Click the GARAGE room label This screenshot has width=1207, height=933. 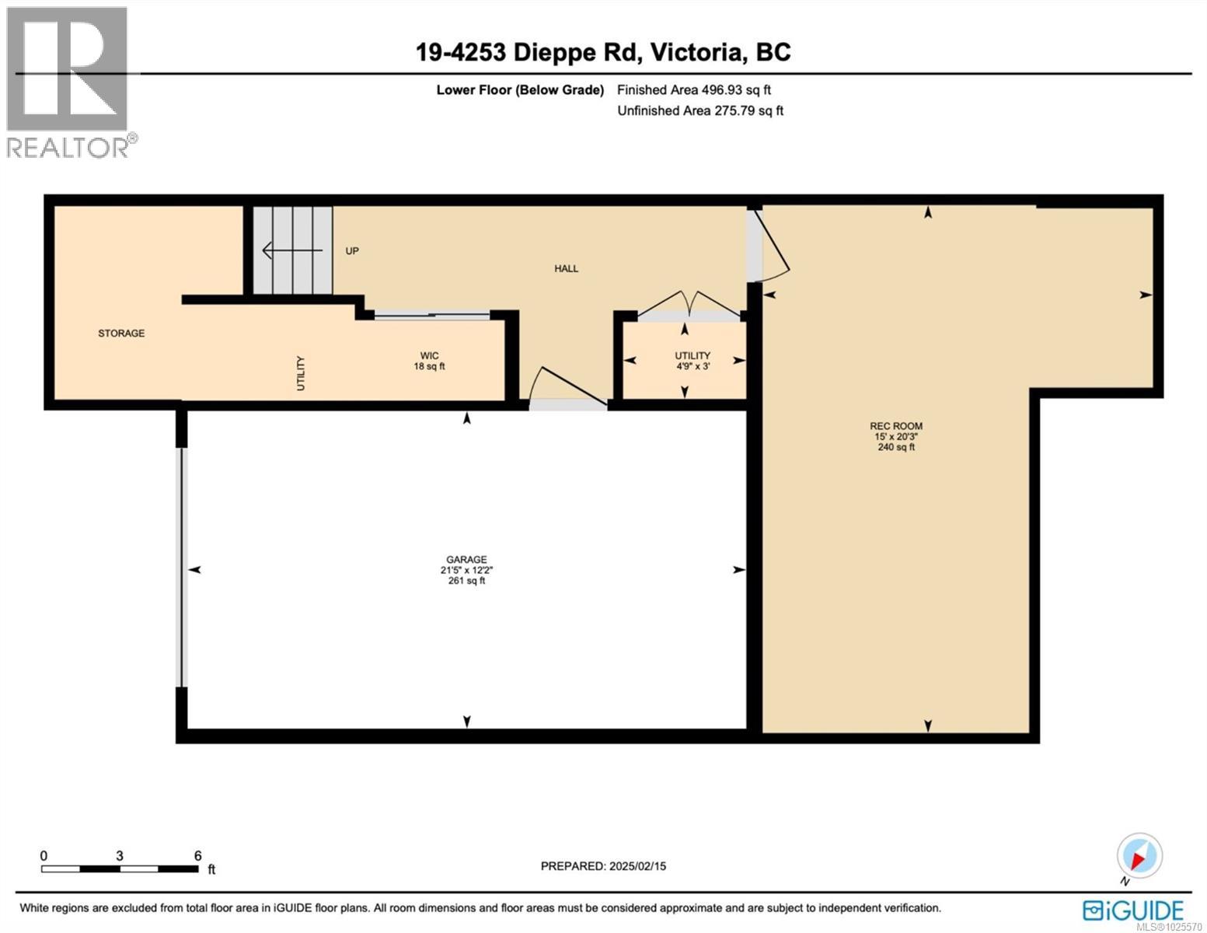(466, 560)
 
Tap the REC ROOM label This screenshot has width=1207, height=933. (896, 426)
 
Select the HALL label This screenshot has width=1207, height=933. (566, 268)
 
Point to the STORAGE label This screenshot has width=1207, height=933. (121, 334)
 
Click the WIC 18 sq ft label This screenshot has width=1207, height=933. (429, 362)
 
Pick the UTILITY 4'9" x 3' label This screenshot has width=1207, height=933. (692, 361)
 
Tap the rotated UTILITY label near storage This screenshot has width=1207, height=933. (301, 373)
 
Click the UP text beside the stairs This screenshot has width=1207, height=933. (352, 251)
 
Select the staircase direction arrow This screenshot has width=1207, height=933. (292, 250)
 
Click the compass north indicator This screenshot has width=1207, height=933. (1139, 856)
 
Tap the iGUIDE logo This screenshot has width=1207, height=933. (1133, 910)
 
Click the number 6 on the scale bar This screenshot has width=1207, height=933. (197, 856)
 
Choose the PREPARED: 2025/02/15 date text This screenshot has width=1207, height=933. (603, 866)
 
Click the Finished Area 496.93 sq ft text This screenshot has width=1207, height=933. (694, 90)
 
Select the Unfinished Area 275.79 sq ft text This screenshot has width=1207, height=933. (700, 110)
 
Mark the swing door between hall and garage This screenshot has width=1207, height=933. (567, 386)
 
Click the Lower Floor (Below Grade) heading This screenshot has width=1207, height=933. (520, 90)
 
